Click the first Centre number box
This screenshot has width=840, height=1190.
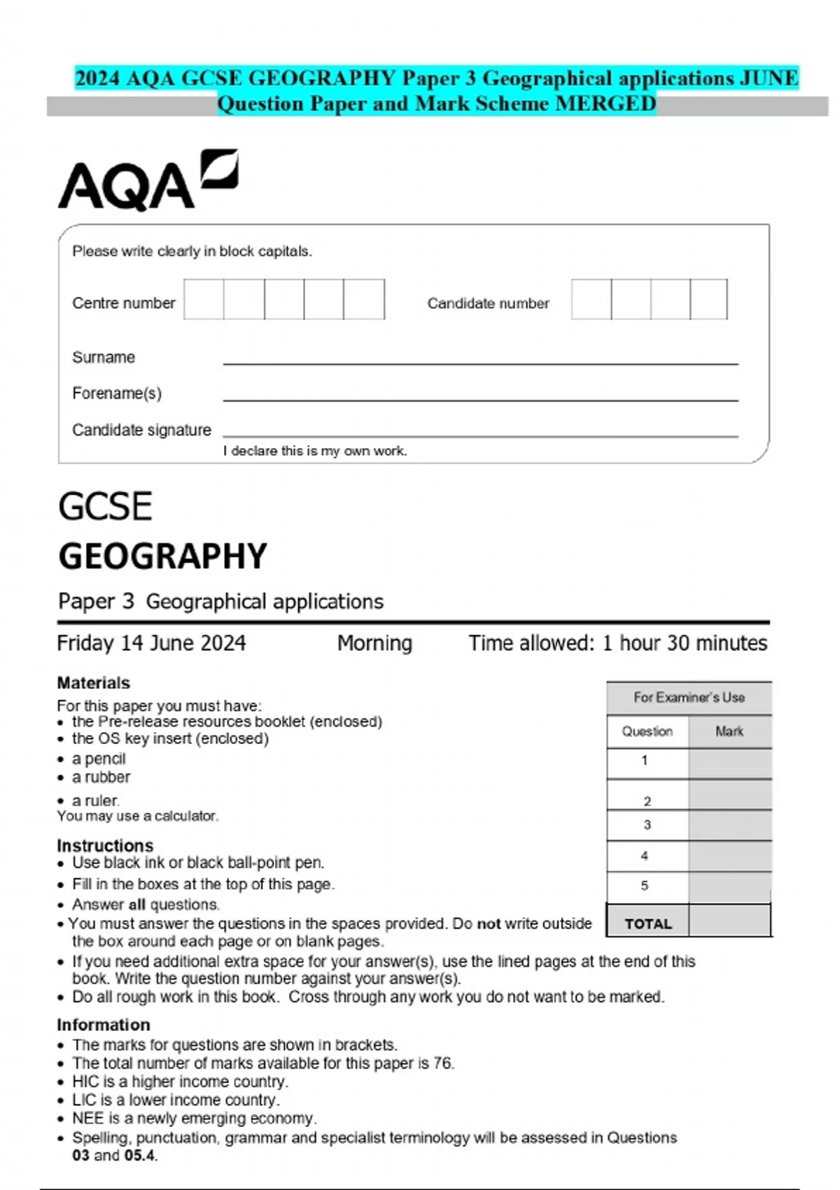204,300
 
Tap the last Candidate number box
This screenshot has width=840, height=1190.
708,300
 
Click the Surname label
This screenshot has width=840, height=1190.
104,357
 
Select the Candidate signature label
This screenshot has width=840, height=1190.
141,430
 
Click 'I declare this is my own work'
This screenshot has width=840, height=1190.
315,451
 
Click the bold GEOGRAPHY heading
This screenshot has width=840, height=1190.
162,556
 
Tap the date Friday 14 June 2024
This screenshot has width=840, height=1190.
151,643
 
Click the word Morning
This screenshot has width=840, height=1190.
374,643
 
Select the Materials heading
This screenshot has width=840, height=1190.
93,682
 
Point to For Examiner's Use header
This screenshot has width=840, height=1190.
689,697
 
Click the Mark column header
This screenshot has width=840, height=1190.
729,731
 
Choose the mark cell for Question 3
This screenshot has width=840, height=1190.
729,825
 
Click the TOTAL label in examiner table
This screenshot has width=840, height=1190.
648,923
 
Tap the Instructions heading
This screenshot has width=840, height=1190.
105,845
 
